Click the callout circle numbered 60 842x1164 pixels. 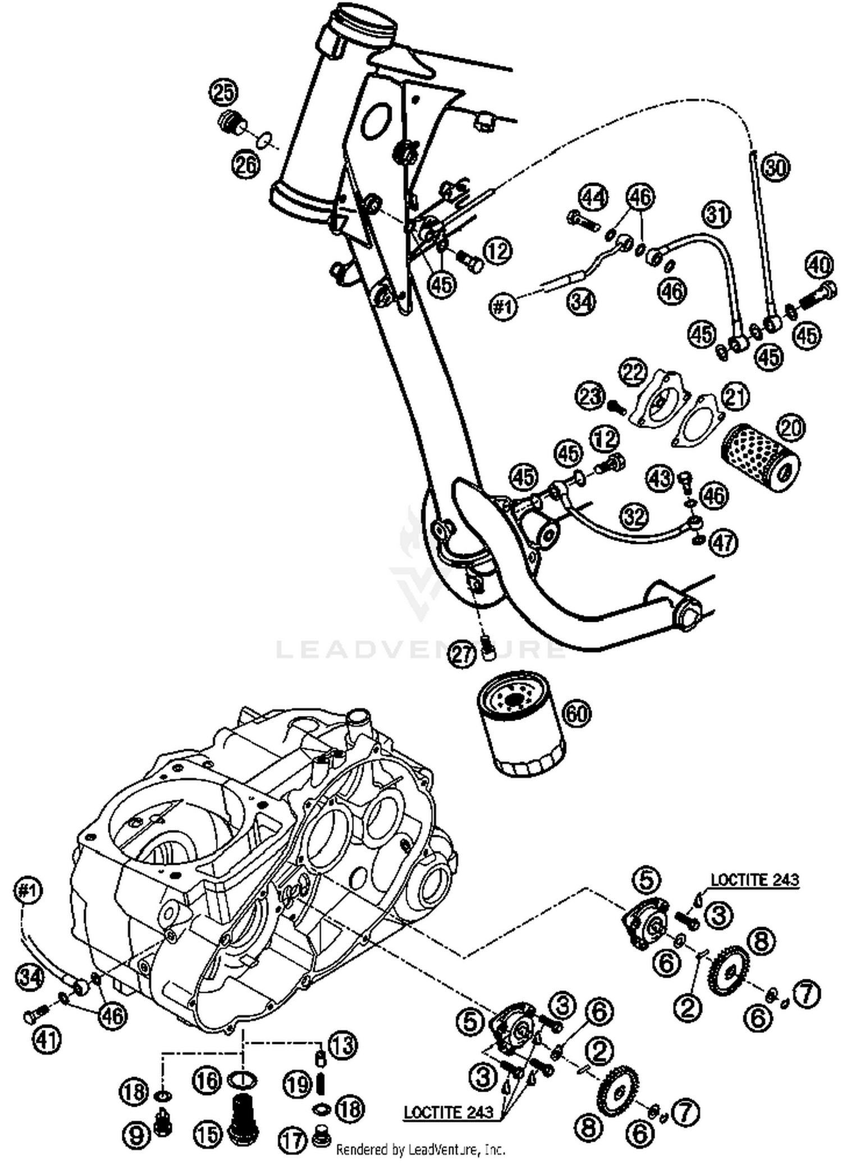tap(576, 713)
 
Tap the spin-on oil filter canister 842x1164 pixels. tap(521, 724)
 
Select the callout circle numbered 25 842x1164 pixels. tap(224, 93)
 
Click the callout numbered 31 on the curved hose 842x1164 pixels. tap(715, 214)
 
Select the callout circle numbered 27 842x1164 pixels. tap(464, 655)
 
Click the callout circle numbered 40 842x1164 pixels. tap(819, 264)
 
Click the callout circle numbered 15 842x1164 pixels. tap(208, 1134)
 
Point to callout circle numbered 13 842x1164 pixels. tap(342, 1045)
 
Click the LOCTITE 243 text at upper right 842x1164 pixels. tap(754, 879)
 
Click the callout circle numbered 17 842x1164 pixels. tap(292, 1140)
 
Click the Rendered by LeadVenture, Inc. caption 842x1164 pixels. tap(420, 1149)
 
